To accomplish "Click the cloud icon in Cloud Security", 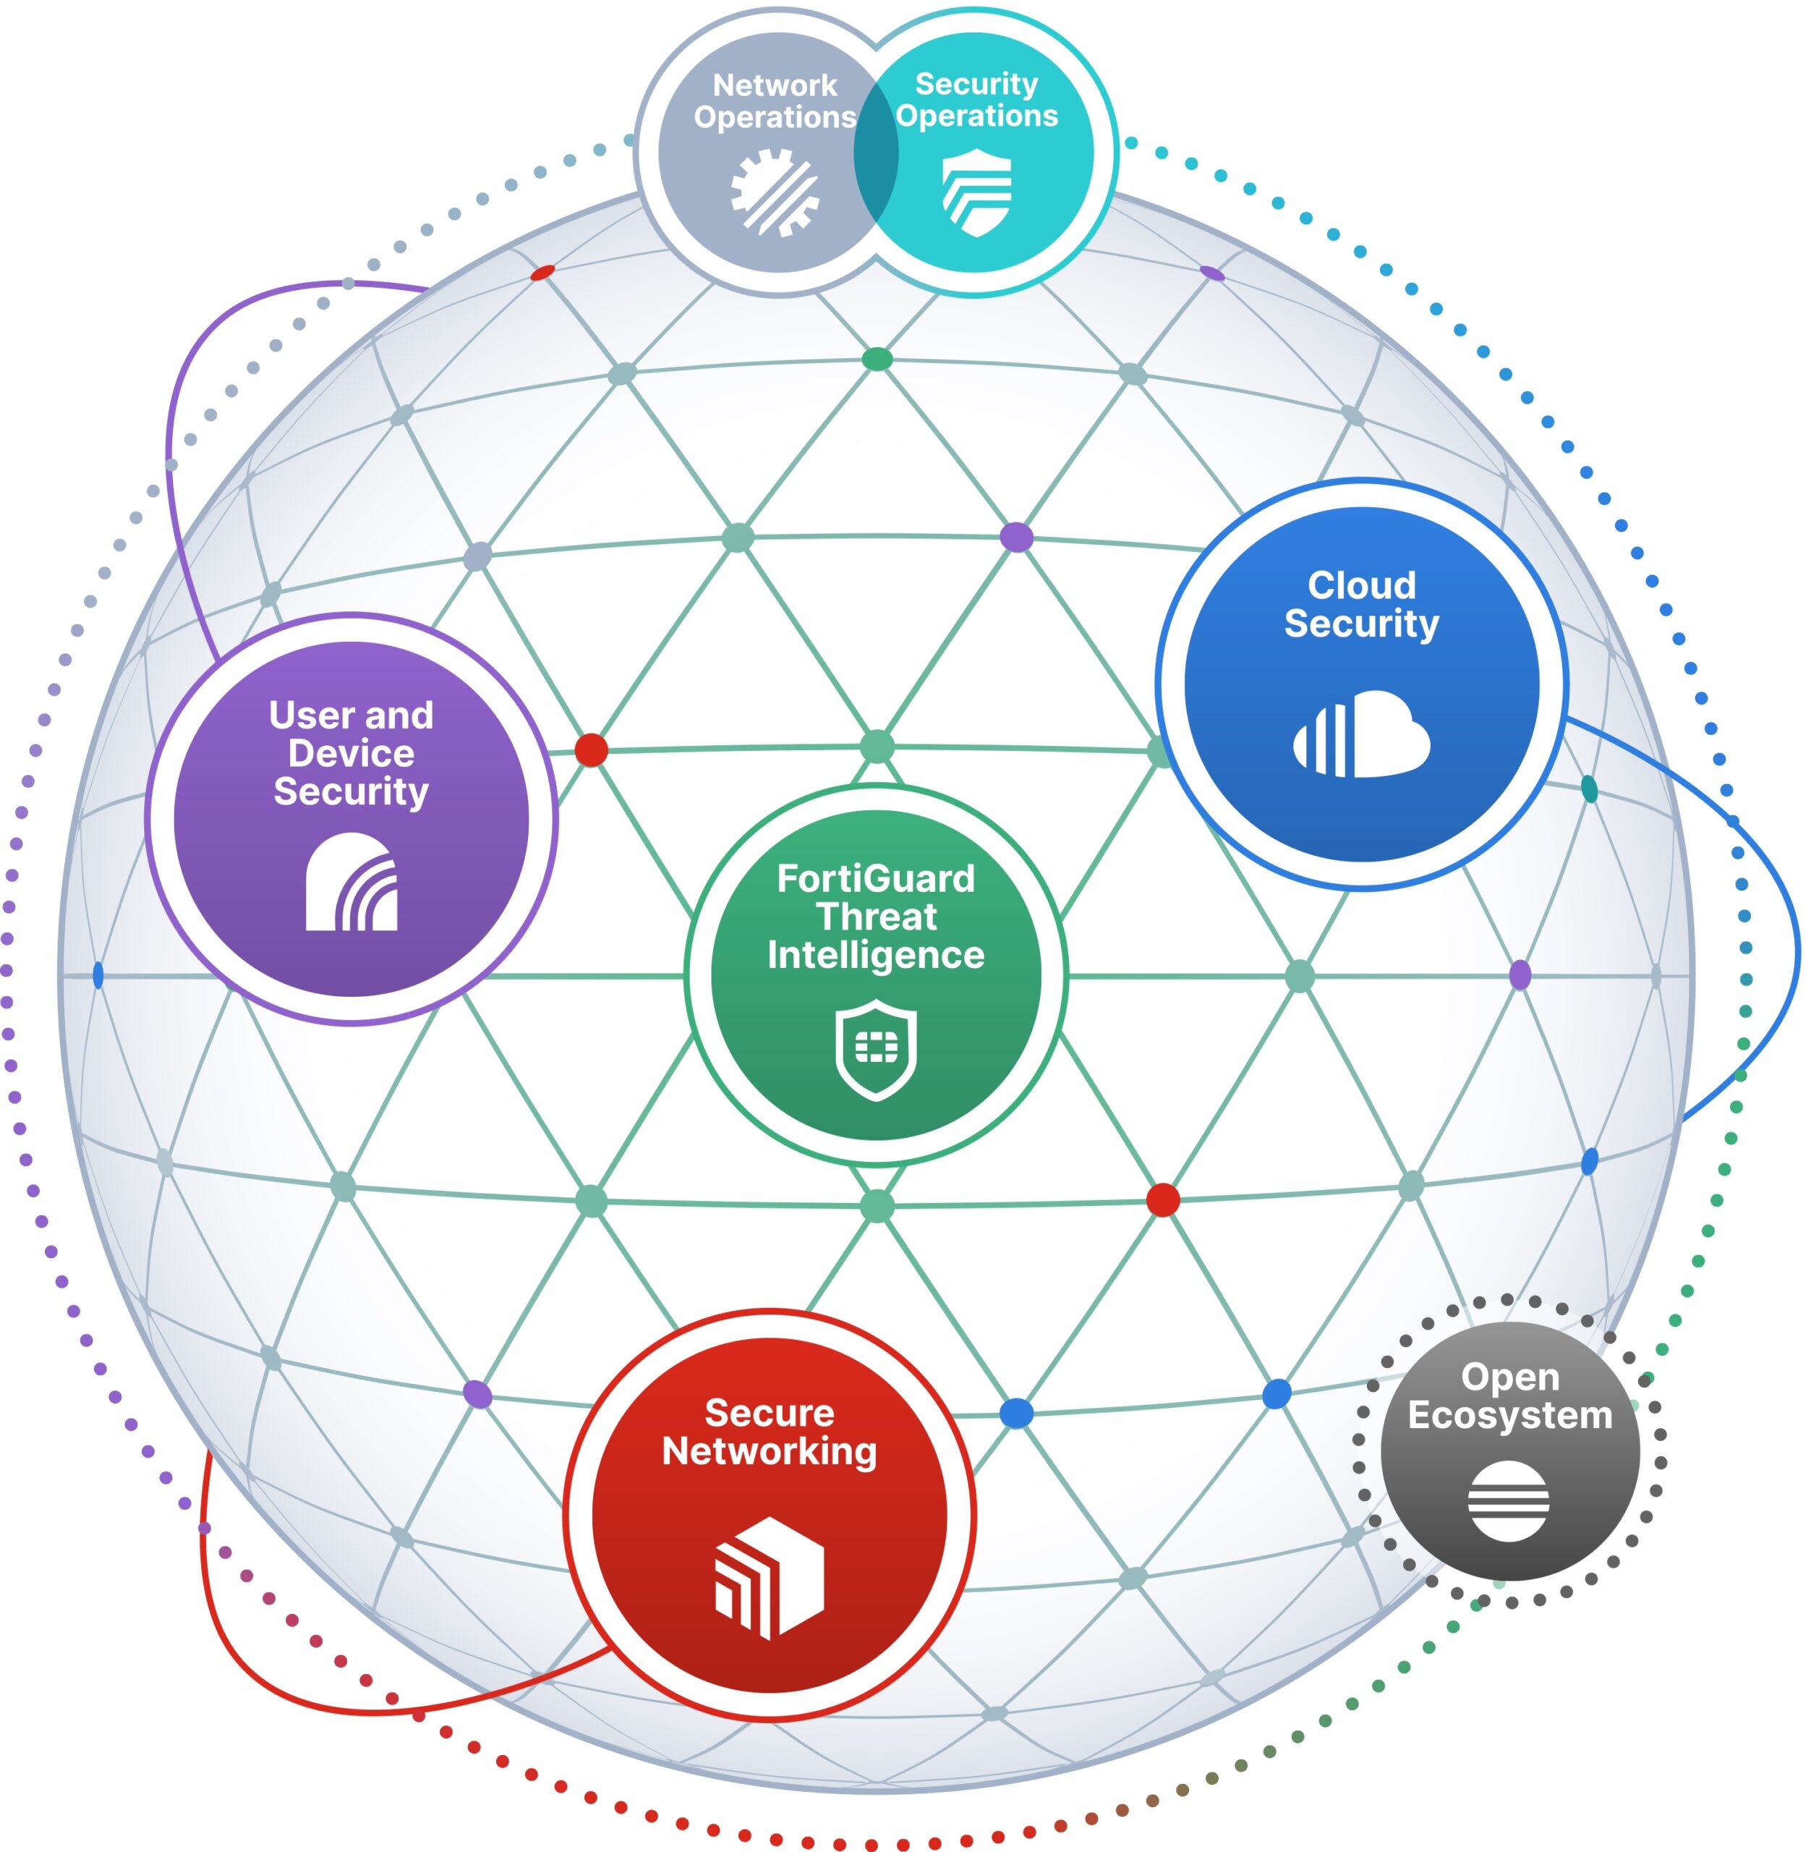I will pyautogui.click(x=1361, y=734).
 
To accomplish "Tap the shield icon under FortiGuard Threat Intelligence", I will pyautogui.click(x=875, y=1049).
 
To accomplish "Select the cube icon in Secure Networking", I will pyautogui.click(x=769, y=1576).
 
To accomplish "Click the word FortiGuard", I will pyautogui.click(x=875, y=878).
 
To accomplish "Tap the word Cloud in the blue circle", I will pyautogui.click(x=1361, y=585).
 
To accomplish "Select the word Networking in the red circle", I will pyautogui.click(x=769, y=1450).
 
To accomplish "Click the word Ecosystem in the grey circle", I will pyautogui.click(x=1509, y=1414).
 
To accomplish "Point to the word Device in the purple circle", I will pyautogui.click(x=351, y=753).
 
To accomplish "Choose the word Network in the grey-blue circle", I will pyautogui.click(x=775, y=85).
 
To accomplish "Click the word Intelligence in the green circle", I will pyautogui.click(x=875, y=954).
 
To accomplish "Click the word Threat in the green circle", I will pyautogui.click(x=875, y=916).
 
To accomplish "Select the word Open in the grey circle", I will pyautogui.click(x=1509, y=1377).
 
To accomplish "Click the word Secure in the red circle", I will pyautogui.click(x=769, y=1413).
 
